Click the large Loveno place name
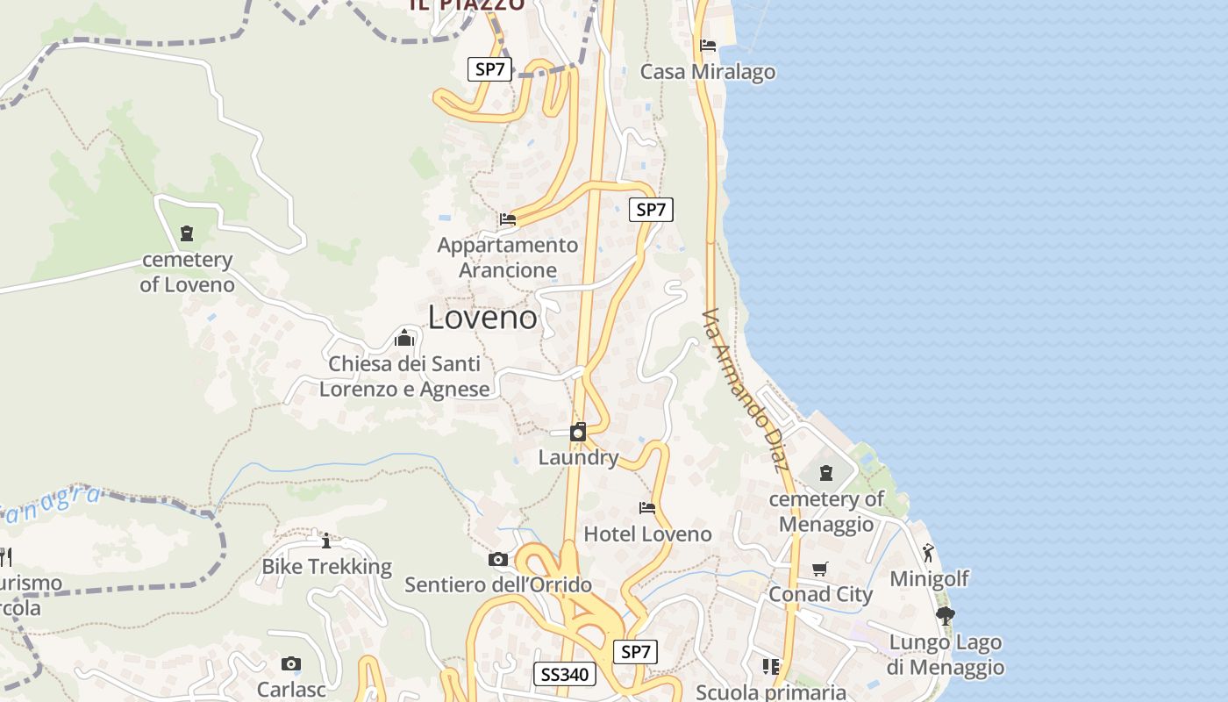482,318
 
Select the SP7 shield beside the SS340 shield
636,652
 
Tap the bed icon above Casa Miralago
708,46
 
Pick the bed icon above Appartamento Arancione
507,219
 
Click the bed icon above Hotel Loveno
647,508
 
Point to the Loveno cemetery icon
186,233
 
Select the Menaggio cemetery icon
825,473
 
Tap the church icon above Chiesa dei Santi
404,337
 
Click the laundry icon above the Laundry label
578,432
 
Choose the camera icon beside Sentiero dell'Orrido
498,559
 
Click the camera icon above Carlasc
291,664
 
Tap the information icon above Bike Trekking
326,541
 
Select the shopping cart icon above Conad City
820,569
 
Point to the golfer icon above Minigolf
928,553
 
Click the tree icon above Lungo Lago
945,616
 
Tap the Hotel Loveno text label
647,534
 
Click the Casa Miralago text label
708,72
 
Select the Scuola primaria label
771,691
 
